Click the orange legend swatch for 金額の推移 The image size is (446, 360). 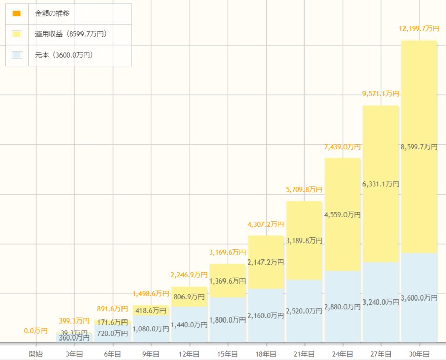tap(16, 13)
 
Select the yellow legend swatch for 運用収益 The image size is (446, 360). tap(16, 34)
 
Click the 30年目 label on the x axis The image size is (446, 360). tap(419, 354)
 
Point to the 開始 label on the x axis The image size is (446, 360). tap(36, 354)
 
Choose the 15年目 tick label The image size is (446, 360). tap(227, 354)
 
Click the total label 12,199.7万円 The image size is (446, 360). tap(419, 28)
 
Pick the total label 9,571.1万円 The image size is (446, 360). tap(380, 94)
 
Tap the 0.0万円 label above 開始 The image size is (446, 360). tap(36, 331)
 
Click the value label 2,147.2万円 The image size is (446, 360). tap(266, 262)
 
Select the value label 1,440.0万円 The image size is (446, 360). tap(189, 325)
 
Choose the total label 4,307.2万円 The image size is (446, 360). tap(266, 224)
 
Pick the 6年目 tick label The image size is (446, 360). tap(112, 354)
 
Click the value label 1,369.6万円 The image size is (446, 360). tap(227, 281)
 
